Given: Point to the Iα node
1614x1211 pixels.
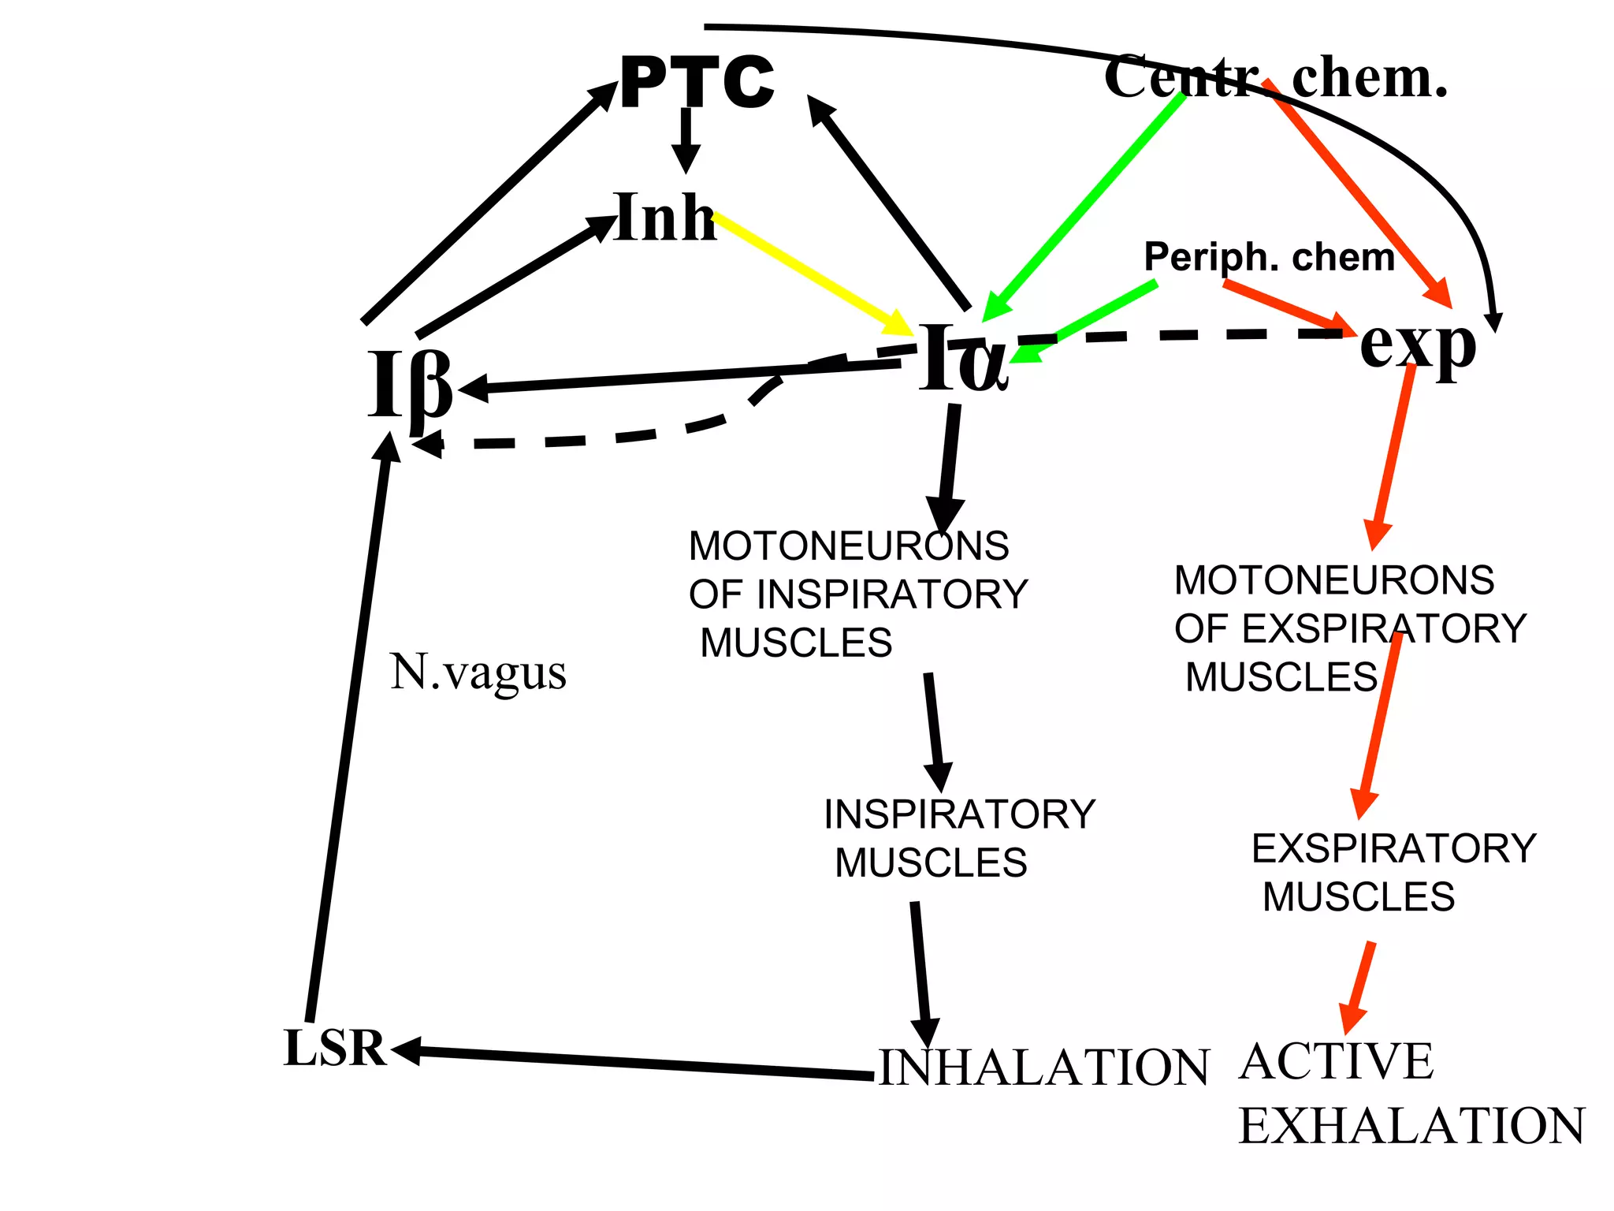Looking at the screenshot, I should click(x=963, y=359).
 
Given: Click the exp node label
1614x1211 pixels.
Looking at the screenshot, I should click(x=1417, y=345).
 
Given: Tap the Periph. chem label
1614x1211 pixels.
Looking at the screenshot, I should click(x=1269, y=257).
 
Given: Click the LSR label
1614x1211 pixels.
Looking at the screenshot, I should click(x=334, y=1049).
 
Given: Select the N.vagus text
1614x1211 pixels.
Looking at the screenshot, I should click(x=478, y=673).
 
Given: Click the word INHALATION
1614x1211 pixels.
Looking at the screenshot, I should click(x=1043, y=1068).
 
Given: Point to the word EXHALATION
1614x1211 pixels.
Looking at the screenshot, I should click(x=1411, y=1126).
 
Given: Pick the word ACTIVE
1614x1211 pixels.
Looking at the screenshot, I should click(x=1337, y=1061).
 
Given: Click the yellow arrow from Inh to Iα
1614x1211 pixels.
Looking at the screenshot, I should click(x=812, y=273).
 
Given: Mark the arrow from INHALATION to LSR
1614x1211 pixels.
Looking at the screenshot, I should click(x=630, y=1063).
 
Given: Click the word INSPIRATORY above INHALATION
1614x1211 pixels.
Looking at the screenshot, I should click(x=959, y=814).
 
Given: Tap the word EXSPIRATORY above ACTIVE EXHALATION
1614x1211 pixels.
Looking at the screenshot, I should click(x=1393, y=849).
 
